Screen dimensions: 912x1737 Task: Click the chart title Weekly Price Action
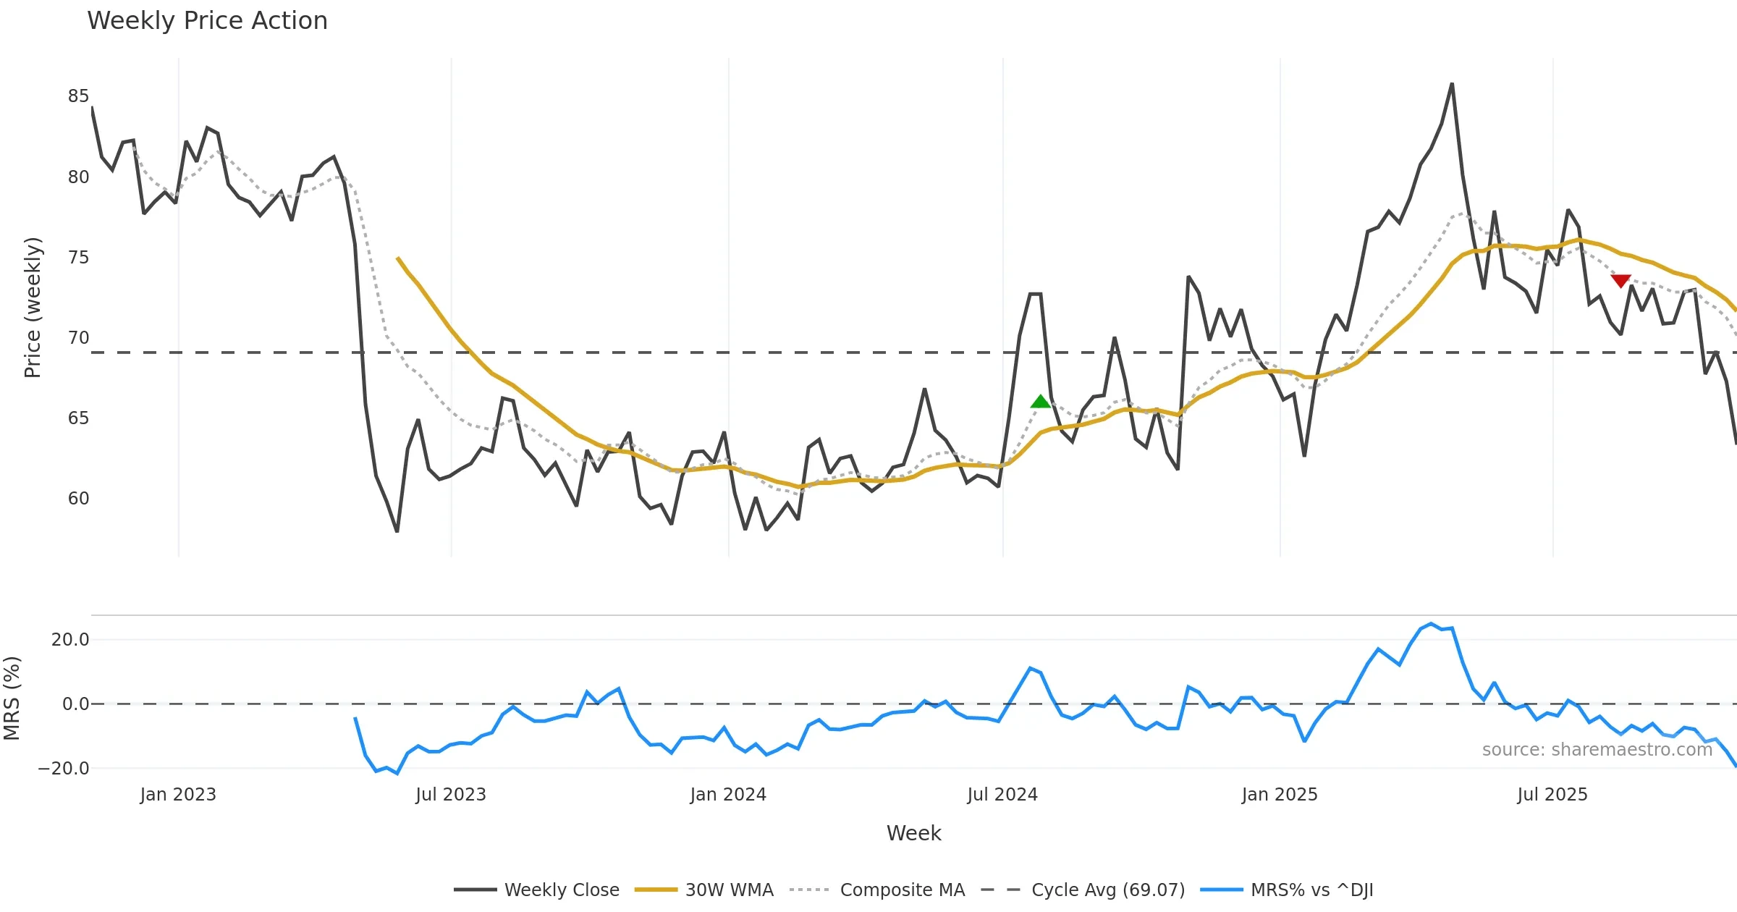[207, 21]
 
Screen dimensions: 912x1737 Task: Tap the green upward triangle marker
[1040, 402]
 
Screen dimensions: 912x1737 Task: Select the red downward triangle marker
[1620, 281]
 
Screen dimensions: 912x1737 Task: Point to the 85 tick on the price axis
[78, 96]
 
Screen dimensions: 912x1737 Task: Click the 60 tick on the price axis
[78, 499]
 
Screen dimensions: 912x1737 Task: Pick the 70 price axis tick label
[78, 338]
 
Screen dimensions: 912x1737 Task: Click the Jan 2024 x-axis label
[727, 795]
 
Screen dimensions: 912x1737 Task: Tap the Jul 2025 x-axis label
[1552, 795]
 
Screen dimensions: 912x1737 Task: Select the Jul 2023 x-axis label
[450, 795]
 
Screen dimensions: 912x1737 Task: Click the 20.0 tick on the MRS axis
[70, 640]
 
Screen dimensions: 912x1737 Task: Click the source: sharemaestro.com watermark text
[1597, 750]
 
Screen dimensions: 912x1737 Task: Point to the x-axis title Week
[913, 834]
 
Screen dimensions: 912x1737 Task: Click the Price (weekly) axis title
[33, 308]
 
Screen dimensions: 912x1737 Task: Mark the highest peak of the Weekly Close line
[1452, 84]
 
